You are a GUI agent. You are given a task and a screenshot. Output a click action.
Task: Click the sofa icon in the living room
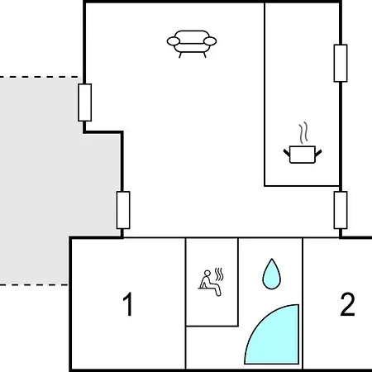(192, 44)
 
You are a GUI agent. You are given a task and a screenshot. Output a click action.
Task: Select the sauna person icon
(211, 282)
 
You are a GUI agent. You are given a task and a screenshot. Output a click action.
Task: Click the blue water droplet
(272, 274)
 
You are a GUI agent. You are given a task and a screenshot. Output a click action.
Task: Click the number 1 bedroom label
(128, 304)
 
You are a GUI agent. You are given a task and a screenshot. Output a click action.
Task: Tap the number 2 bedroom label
(347, 304)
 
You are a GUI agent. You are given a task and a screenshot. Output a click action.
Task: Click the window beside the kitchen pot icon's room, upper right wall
(341, 63)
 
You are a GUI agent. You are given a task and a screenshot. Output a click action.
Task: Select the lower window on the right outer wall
(341, 210)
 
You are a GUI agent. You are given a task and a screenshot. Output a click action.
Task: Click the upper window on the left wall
(85, 103)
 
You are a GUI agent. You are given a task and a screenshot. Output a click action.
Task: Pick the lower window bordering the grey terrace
(123, 210)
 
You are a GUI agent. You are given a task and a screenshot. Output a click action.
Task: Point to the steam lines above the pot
(303, 133)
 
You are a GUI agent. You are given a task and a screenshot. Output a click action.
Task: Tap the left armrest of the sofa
(174, 41)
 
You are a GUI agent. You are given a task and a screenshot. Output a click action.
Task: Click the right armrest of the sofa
(210, 41)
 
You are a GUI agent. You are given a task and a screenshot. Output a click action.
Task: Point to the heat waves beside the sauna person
(219, 274)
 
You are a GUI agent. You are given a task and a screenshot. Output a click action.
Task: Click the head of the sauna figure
(207, 273)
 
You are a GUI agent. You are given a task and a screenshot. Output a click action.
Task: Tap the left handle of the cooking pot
(287, 153)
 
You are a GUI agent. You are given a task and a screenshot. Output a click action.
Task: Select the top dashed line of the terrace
(40, 77)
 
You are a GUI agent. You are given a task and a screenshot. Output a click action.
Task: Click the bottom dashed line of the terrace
(34, 284)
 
